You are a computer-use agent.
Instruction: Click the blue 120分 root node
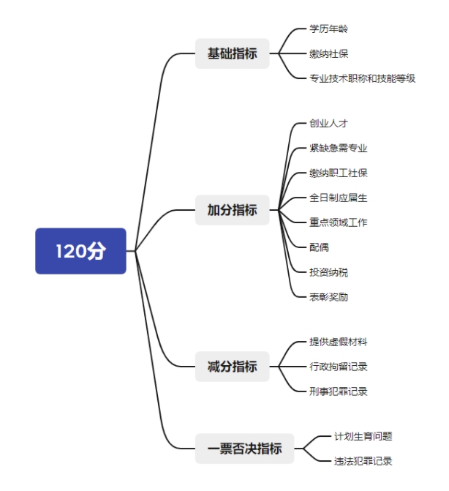tap(80, 251)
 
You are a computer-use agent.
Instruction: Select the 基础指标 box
tap(232, 53)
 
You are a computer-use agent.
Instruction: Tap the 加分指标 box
tap(232, 210)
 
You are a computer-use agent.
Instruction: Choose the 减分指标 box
tap(232, 367)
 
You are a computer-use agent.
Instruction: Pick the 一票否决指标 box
tap(245, 449)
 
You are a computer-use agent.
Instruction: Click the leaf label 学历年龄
tap(328, 29)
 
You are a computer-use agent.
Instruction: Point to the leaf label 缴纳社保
tap(328, 53)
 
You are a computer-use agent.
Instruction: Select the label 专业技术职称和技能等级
tap(362, 78)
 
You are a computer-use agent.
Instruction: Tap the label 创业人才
tap(328, 123)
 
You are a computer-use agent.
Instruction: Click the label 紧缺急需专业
tap(339, 148)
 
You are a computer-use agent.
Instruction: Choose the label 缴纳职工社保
tap(339, 173)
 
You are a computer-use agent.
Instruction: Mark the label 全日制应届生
tap(339, 198)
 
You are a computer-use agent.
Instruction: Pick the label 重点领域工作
tap(339, 222)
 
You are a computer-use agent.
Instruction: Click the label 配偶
tap(319, 247)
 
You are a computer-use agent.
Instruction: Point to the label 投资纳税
tap(328, 272)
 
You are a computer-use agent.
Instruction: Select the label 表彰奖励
tap(328, 297)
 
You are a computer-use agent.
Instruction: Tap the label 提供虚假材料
tap(339, 342)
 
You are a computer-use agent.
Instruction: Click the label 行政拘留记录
tap(339, 367)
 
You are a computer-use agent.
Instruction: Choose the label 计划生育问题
tap(363, 436)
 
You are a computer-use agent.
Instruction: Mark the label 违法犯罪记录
tap(363, 461)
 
